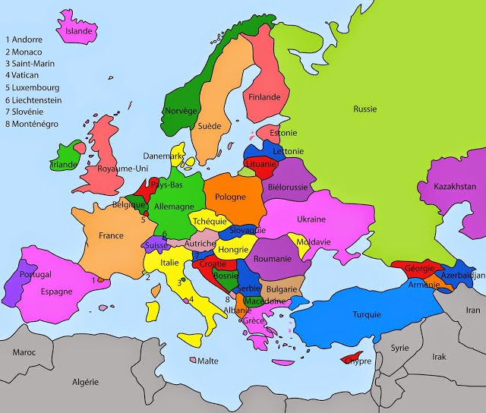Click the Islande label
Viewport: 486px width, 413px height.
79,31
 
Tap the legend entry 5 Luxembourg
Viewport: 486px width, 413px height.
33,87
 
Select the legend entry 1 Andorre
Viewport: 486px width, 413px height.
24,39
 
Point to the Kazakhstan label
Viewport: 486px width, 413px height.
455,186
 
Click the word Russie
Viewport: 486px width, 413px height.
364,109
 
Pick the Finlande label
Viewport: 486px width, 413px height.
265,97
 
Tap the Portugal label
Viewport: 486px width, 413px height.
36,274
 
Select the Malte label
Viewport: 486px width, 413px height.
208,361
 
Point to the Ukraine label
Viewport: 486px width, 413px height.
311,219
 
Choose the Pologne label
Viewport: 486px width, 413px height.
230,197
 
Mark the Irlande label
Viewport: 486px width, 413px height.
64,165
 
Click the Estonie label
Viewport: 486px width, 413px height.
283,133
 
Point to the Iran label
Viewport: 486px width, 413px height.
473,310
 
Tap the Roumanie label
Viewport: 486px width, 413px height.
273,259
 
